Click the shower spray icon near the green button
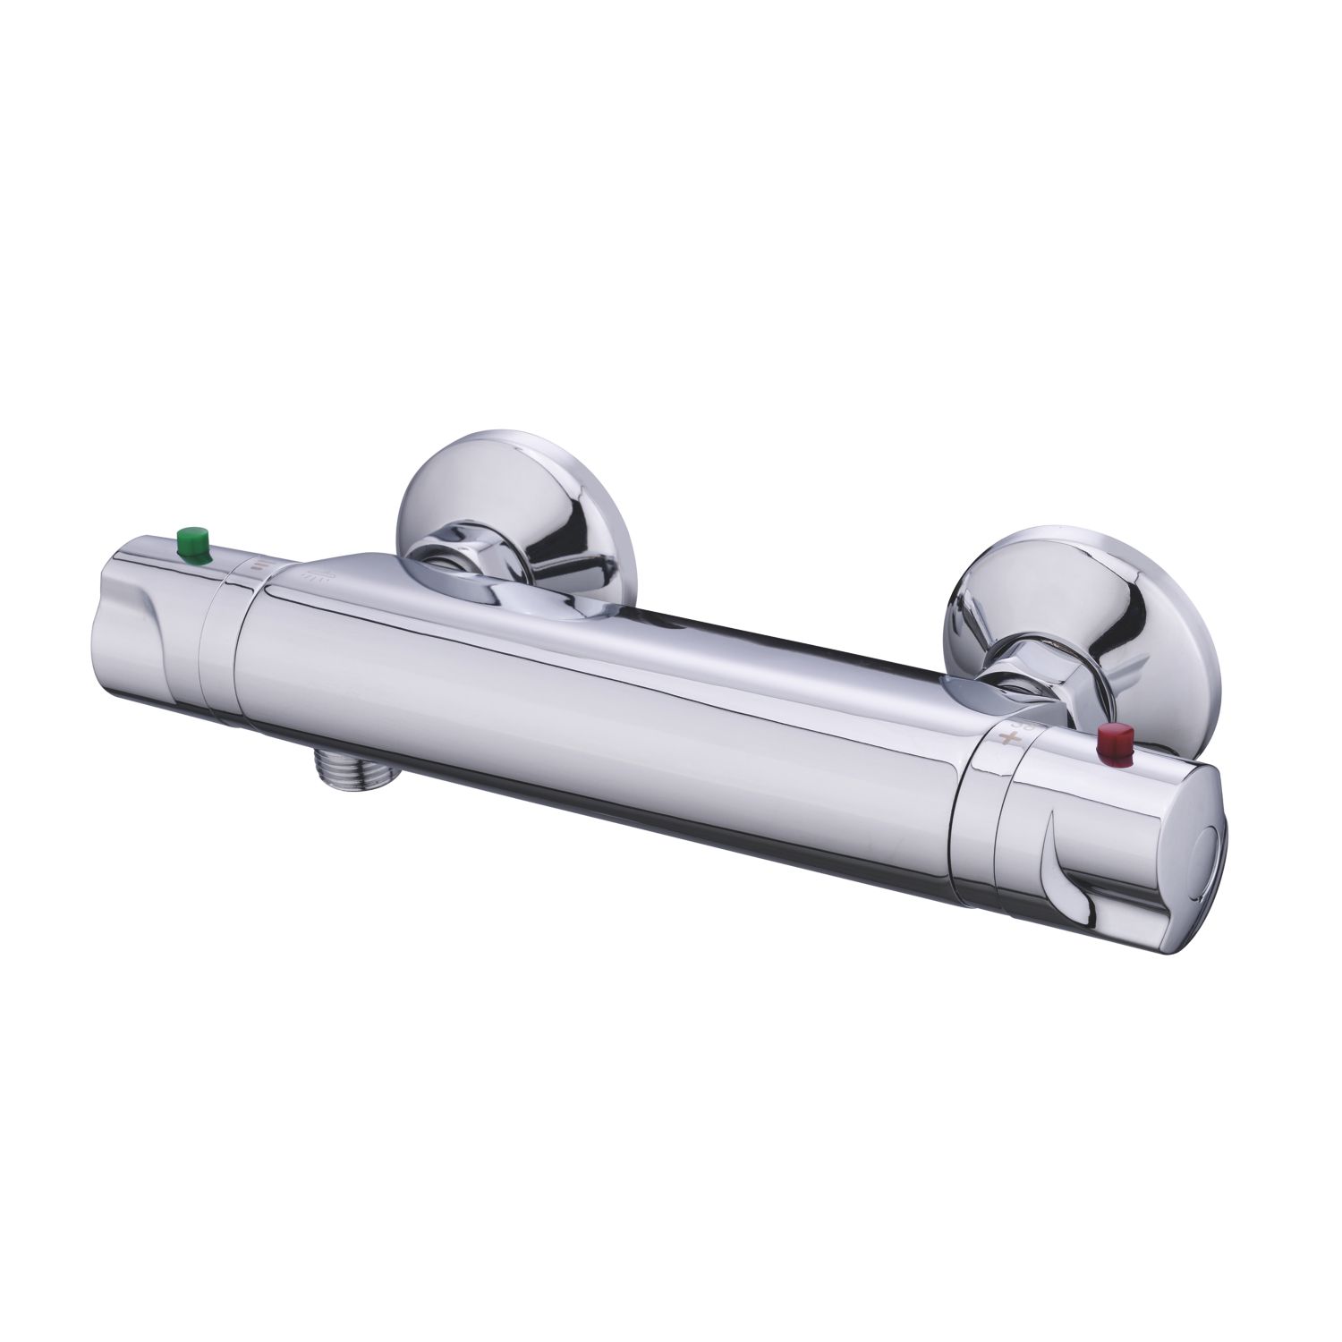pos(318,574)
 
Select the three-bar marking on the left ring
pos(257,566)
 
